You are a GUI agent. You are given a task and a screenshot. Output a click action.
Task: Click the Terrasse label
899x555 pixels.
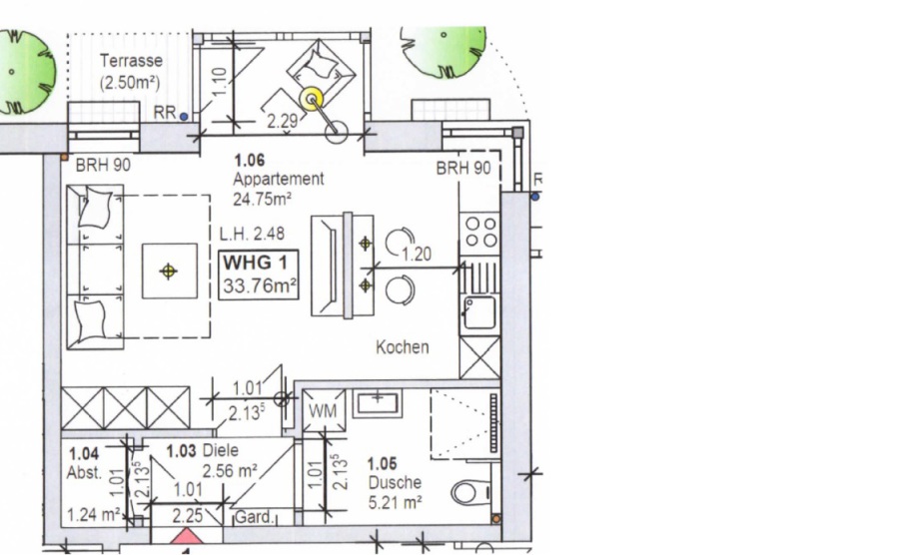131,60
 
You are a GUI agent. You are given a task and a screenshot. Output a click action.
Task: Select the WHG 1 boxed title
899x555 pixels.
259,275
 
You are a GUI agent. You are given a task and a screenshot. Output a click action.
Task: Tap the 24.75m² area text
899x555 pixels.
262,199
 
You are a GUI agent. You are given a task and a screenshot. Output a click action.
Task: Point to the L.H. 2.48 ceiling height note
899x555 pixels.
252,234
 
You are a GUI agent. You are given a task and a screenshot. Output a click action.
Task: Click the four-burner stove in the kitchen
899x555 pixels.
480,232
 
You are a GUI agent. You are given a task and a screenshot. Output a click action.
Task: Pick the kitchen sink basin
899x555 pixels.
479,312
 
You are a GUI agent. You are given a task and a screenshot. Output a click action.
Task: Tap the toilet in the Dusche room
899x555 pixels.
470,492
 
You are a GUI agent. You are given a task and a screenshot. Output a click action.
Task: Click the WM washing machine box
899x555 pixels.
324,410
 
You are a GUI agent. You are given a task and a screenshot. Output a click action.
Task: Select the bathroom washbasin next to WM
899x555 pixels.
377,402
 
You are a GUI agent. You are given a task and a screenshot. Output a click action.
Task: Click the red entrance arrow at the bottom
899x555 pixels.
186,537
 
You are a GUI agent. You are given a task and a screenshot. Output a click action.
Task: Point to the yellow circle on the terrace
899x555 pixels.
313,100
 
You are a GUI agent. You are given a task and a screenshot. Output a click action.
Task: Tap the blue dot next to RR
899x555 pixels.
184,116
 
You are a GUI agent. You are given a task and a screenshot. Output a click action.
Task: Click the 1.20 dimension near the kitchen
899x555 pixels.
417,254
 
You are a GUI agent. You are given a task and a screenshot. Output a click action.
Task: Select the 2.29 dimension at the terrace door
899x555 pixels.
282,121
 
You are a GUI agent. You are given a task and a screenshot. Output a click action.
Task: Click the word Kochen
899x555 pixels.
402,346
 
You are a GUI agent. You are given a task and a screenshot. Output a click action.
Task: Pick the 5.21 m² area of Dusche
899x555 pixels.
395,502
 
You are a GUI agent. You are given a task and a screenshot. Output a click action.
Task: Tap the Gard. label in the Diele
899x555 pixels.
254,517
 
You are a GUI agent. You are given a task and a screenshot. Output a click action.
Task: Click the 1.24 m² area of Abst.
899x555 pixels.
94,514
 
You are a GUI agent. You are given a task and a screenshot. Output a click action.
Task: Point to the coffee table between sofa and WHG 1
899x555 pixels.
169,271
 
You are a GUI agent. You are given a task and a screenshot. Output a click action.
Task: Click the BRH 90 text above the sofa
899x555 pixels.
103,165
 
